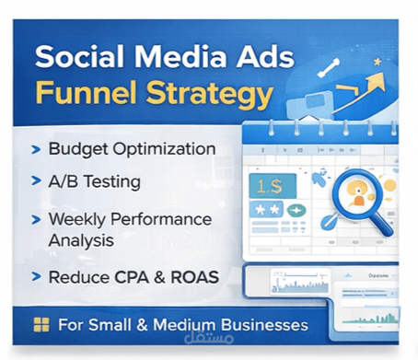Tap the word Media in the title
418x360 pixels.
(176, 57)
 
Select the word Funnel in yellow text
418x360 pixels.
(81, 94)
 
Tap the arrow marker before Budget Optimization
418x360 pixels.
(35, 148)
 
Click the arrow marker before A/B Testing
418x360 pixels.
(35, 181)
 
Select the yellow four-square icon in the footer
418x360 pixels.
(40, 325)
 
